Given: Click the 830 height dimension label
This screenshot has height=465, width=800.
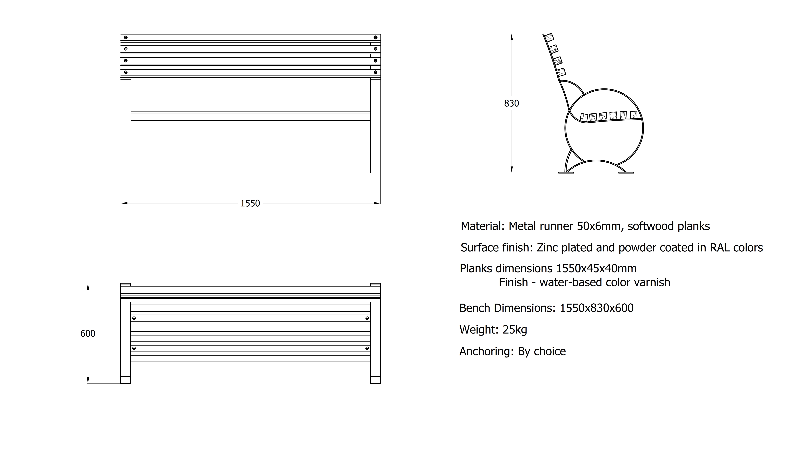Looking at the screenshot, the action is point(511,104).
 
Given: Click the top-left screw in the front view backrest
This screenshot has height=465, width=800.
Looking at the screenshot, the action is point(126,37).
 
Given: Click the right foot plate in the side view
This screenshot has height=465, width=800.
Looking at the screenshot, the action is point(626,173).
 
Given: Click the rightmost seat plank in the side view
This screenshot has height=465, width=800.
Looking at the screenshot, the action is point(634,115).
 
